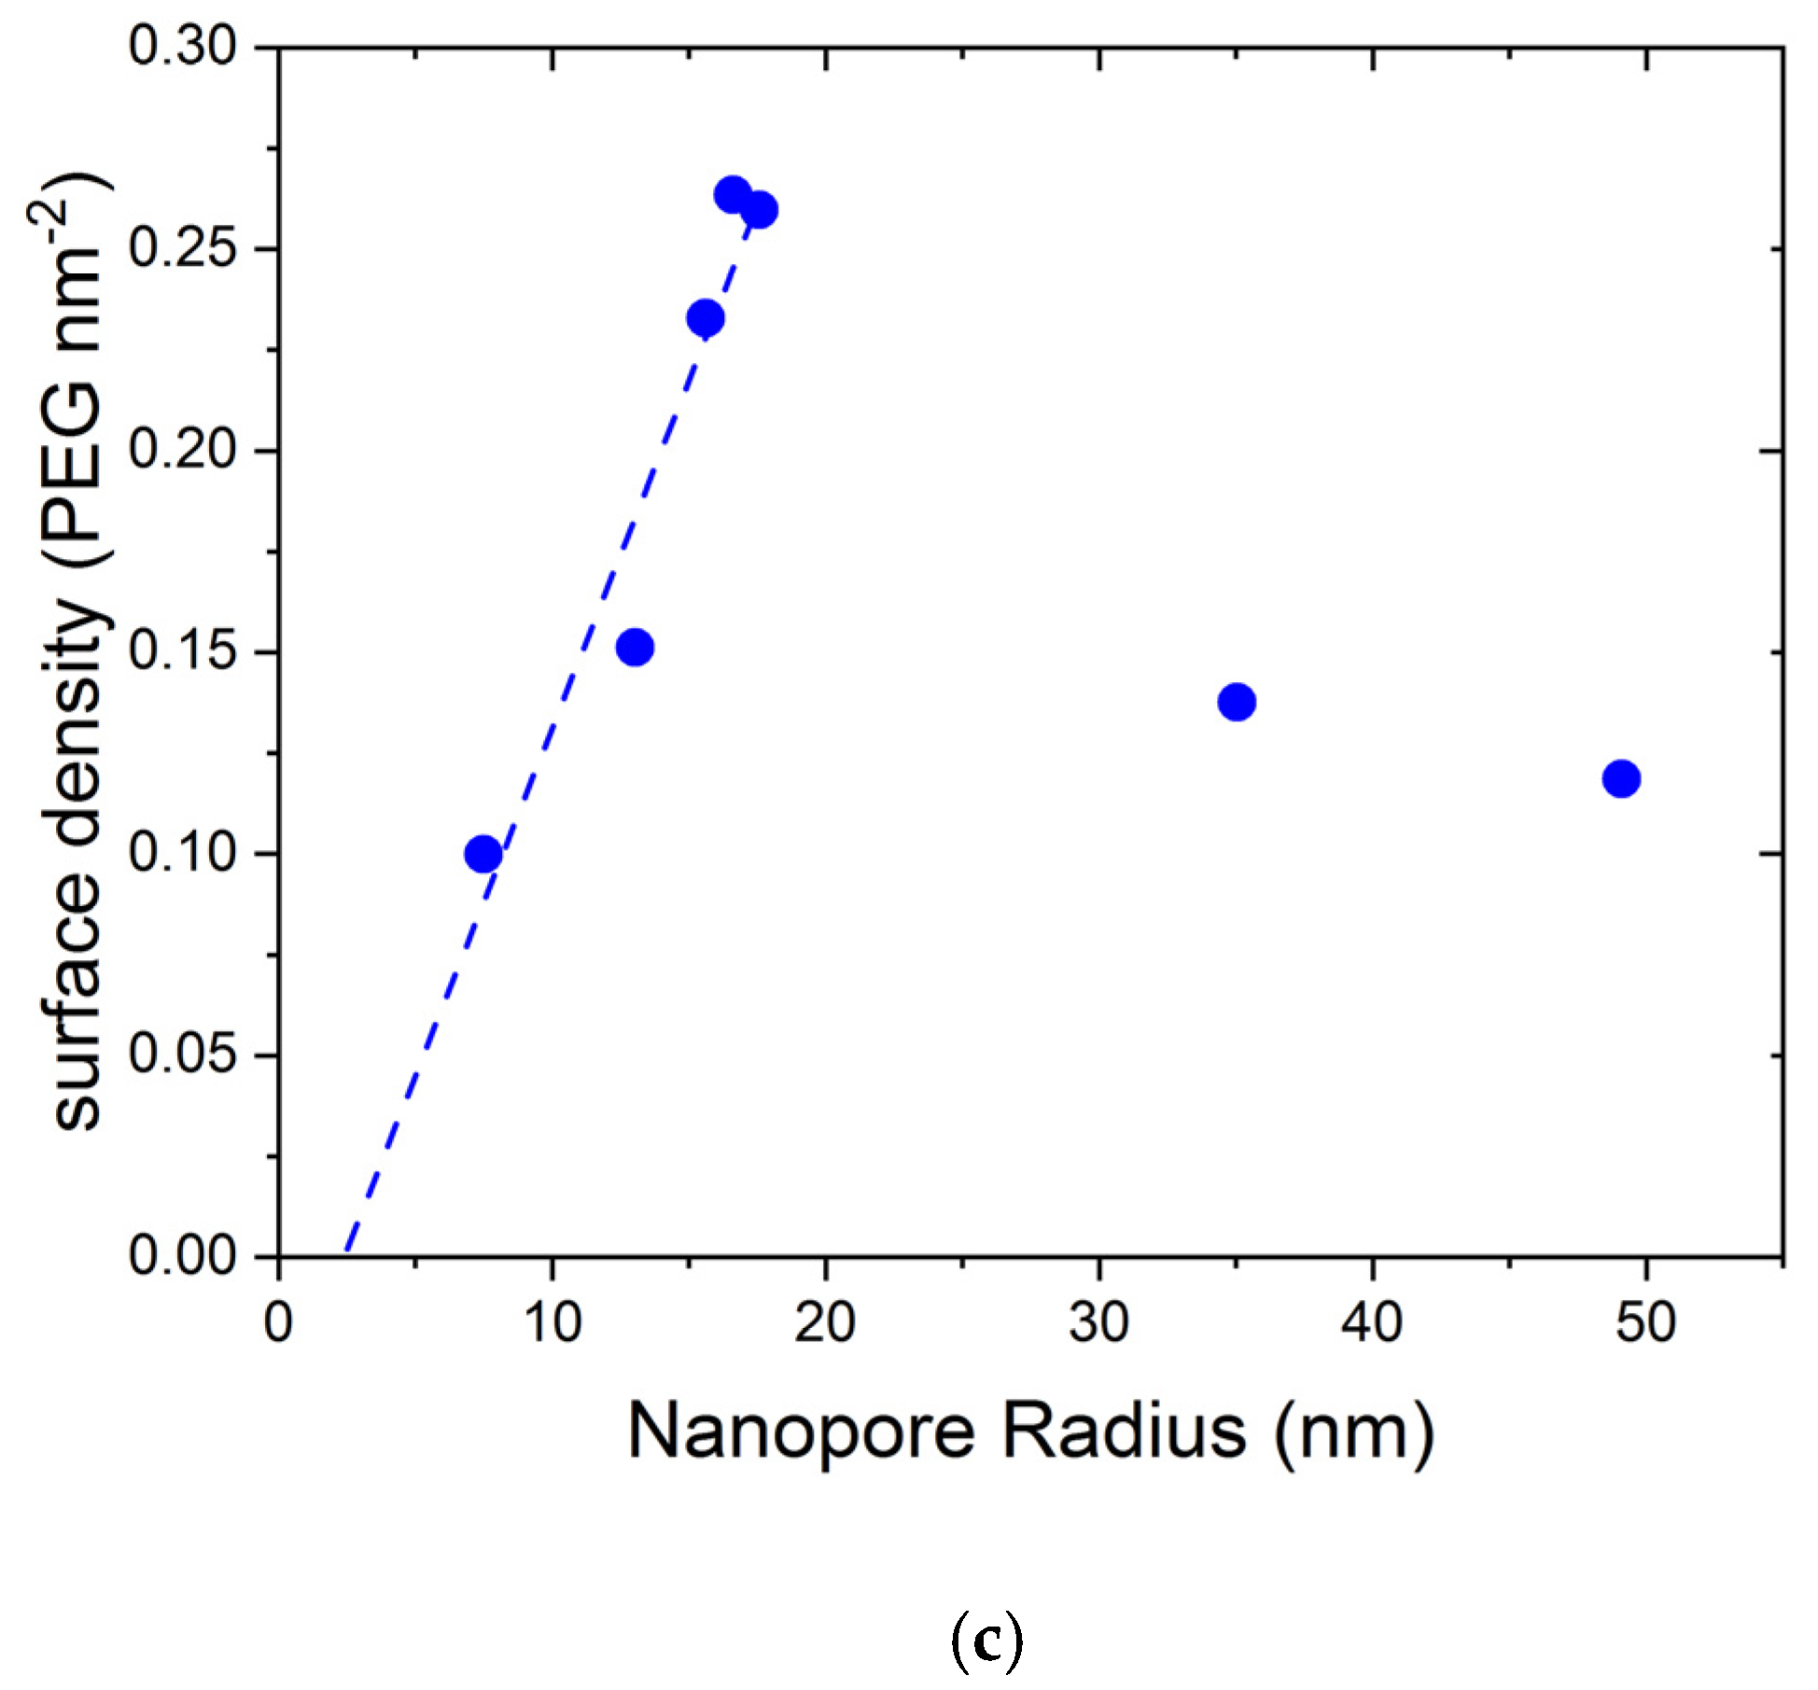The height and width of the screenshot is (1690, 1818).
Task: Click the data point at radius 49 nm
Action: (1621, 778)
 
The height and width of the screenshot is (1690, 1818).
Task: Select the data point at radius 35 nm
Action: (1237, 702)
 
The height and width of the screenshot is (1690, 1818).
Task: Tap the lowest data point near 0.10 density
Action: (482, 853)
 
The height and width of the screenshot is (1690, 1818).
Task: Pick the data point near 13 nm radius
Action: (635, 647)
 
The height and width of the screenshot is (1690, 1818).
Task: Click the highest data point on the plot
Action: (733, 195)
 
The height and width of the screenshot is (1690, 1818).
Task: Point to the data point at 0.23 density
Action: (706, 318)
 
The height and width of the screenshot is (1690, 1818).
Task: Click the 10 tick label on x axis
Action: (552, 1323)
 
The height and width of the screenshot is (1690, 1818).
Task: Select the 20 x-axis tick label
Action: (825, 1323)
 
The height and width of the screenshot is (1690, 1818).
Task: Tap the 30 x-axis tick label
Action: (1099, 1323)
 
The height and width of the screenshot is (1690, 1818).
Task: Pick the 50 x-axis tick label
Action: (1646, 1323)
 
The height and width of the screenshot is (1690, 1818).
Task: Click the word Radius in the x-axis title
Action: (1124, 1431)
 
